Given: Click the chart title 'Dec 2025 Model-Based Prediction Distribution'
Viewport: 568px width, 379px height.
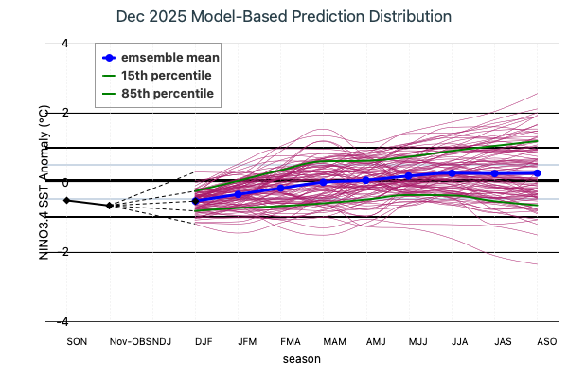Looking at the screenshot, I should click(283, 17).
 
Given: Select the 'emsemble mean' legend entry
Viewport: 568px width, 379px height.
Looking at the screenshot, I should click(170, 57).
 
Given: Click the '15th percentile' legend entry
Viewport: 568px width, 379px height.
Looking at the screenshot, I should click(166, 75).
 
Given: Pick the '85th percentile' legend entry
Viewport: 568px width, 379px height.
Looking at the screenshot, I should click(166, 93).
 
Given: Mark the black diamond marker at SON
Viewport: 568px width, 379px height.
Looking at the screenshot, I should click(66, 200).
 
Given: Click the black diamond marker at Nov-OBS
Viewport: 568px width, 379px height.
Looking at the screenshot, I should click(110, 205).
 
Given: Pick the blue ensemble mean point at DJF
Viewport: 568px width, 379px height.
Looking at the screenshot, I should click(195, 201).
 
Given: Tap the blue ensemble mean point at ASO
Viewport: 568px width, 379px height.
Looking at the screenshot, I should click(537, 172).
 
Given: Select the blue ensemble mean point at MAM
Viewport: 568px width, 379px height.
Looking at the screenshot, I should click(323, 182).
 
